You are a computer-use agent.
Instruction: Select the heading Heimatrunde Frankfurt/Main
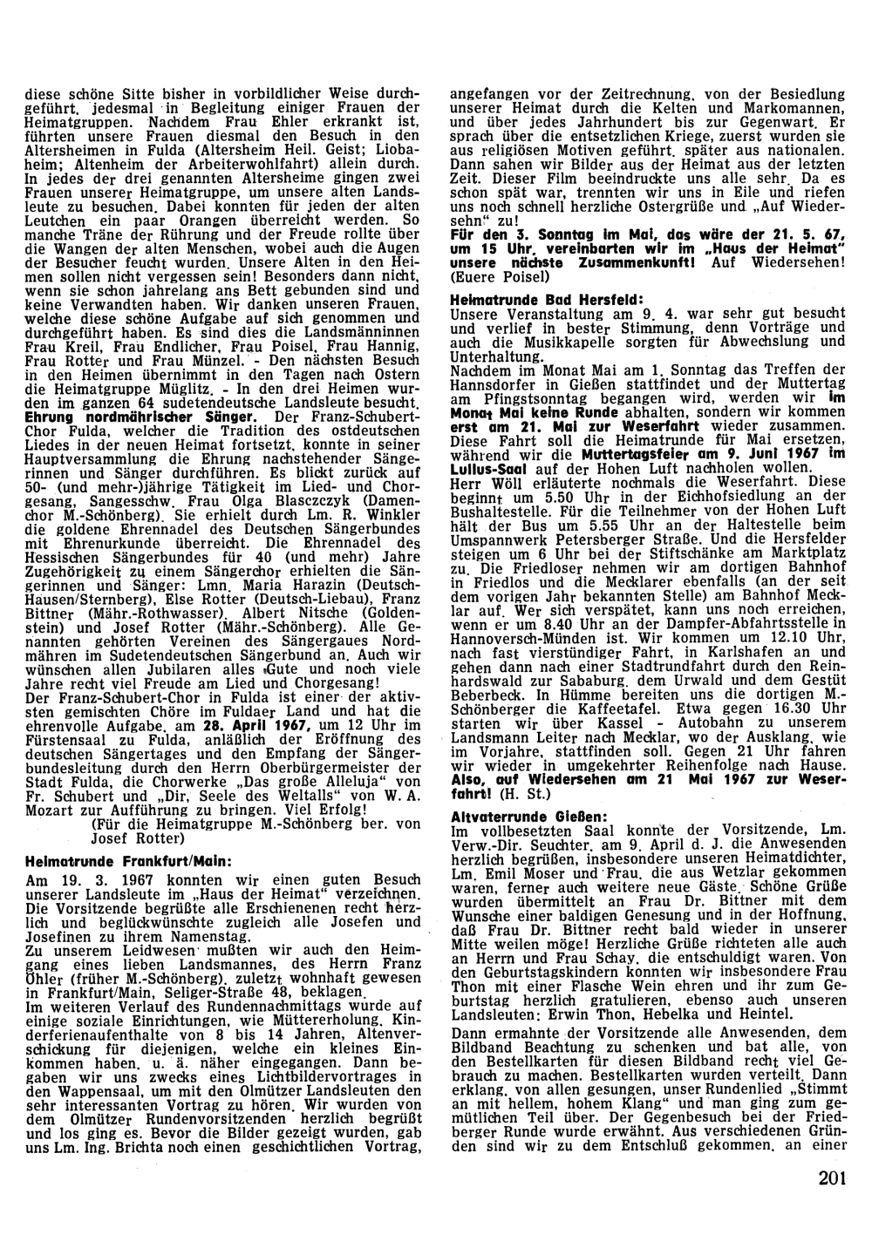pos(127,861)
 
